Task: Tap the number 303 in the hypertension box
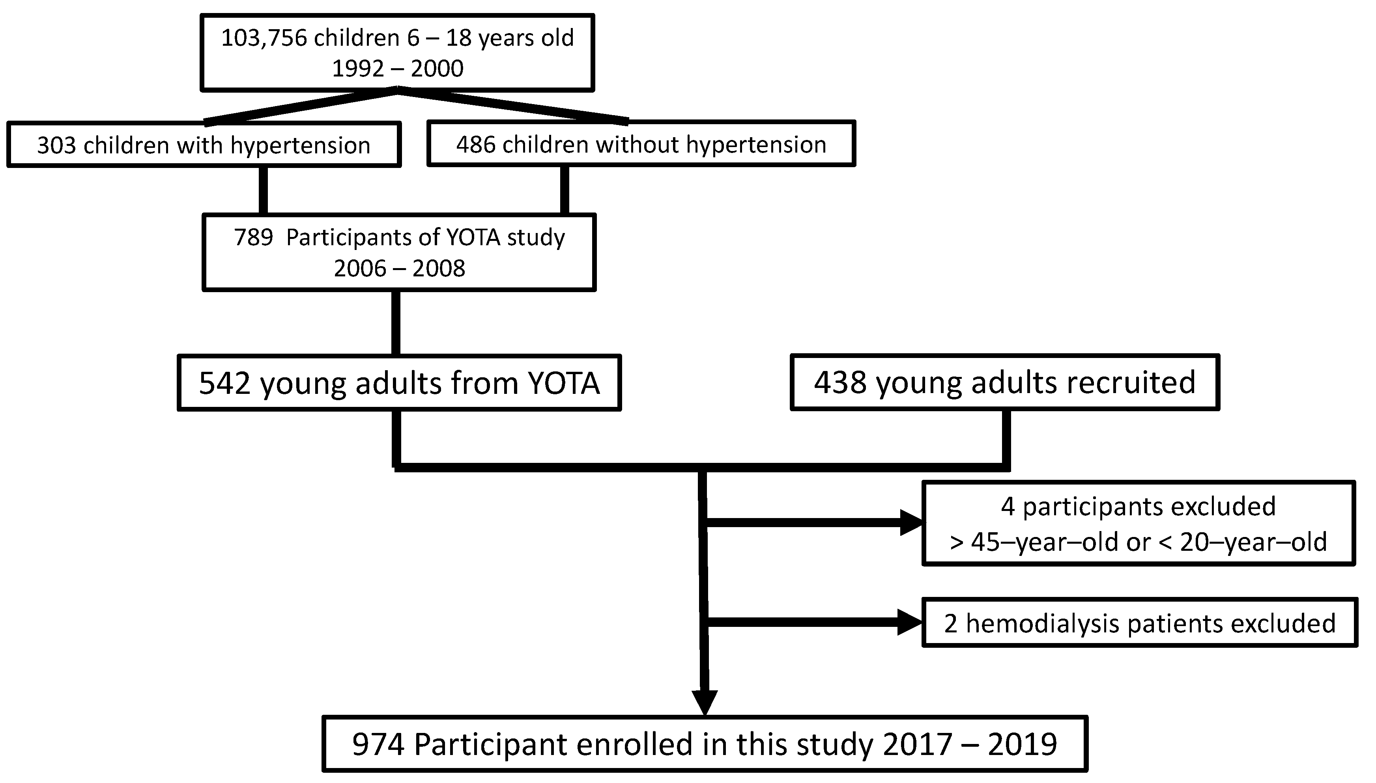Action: [x=56, y=145]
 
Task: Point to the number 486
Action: [x=476, y=145]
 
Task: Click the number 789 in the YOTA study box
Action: [x=253, y=237]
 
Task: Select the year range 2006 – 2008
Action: [x=399, y=268]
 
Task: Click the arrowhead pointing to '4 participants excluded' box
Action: [x=911, y=523]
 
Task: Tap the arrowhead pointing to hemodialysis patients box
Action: [x=910, y=623]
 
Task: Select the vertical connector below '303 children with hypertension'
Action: [x=263, y=190]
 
